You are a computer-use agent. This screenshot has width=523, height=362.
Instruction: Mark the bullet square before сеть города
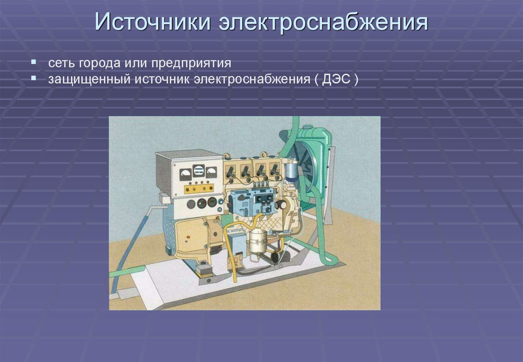pyautogui.click(x=33, y=62)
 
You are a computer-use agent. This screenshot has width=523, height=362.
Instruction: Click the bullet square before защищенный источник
pyautogui.click(x=33, y=79)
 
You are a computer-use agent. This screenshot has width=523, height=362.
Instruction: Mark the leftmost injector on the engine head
pyautogui.click(x=230, y=171)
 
